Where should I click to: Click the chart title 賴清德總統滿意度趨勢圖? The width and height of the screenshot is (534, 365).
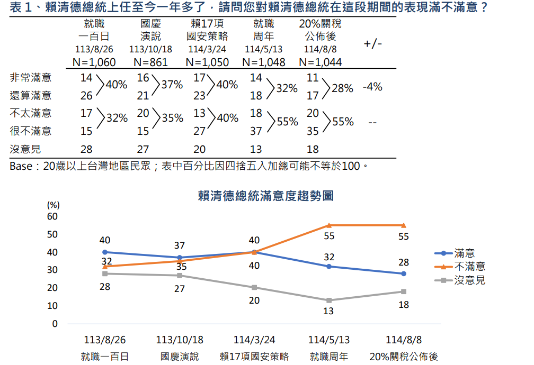[265, 196]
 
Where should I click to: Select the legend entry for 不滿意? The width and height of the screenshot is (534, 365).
[469, 267]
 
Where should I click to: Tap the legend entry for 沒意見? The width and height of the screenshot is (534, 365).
[469, 280]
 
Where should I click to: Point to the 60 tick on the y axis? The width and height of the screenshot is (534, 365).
[52, 216]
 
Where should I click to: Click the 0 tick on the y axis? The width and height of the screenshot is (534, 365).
[55, 324]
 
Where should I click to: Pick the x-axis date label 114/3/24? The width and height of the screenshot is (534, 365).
[254, 340]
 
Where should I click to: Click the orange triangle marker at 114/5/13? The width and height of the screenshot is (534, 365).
[329, 225]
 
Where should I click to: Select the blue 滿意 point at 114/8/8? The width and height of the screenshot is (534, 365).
[404, 273]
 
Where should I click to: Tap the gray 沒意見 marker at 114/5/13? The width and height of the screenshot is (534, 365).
[329, 300]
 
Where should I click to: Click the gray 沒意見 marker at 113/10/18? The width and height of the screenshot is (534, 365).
[180, 275]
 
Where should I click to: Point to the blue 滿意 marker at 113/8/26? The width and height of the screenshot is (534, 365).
[105, 252]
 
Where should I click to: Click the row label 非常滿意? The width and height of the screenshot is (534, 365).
[31, 78]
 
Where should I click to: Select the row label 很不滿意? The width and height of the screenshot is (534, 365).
[31, 130]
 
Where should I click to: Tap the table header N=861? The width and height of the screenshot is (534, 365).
[150, 62]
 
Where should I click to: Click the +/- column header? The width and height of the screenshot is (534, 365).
[372, 44]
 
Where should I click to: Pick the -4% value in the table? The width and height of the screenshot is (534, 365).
[372, 87]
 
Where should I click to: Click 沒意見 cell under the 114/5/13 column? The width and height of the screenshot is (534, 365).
[255, 150]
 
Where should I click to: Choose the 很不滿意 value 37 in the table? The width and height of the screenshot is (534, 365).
[255, 130]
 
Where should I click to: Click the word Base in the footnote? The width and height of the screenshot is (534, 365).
[21, 167]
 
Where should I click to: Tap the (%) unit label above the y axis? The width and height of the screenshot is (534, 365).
[53, 205]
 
